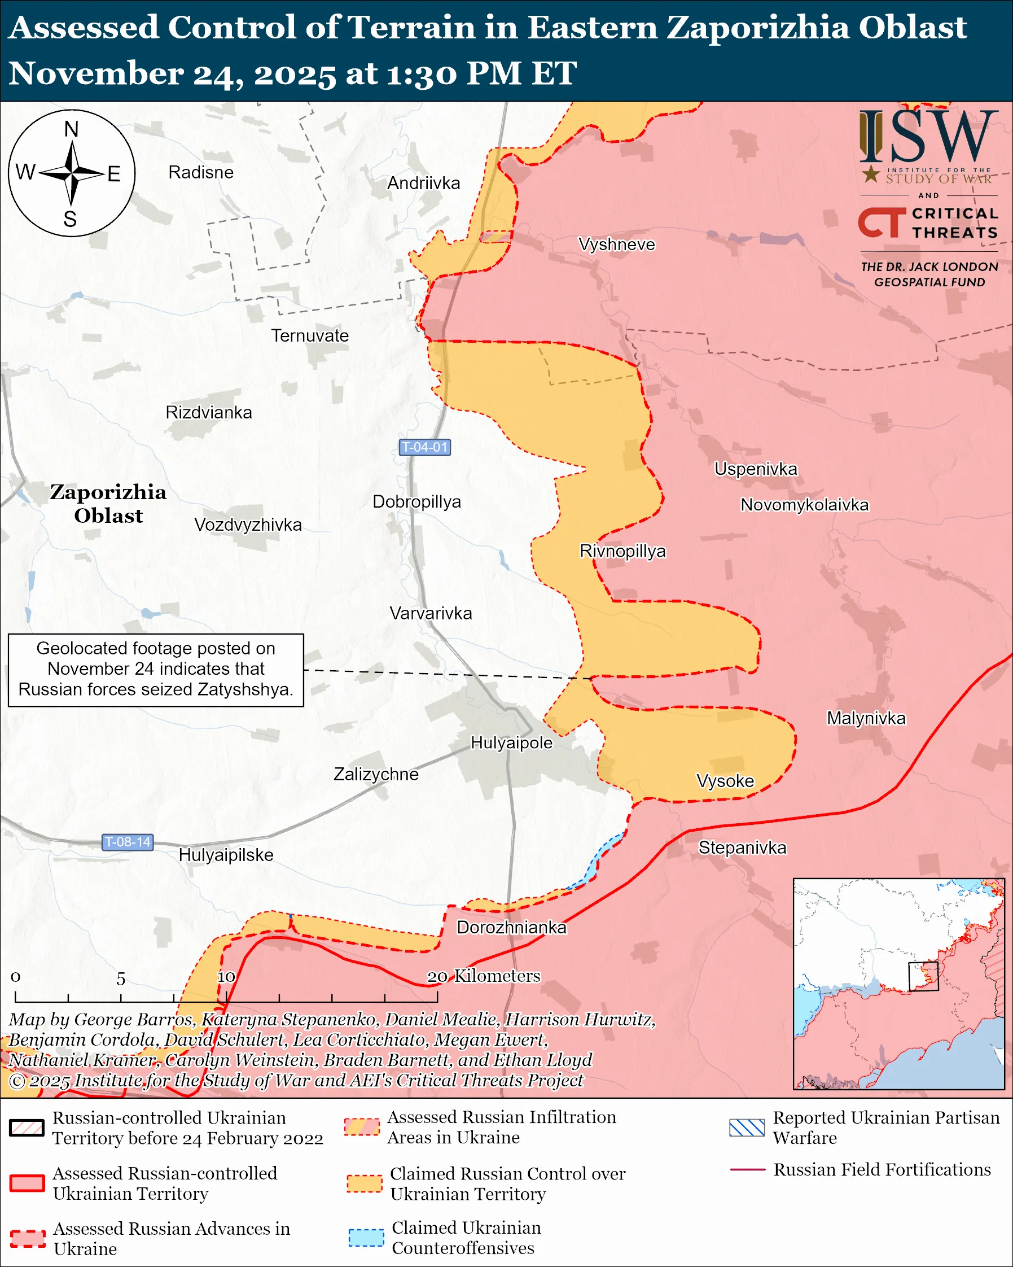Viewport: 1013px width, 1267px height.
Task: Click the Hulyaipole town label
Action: click(x=511, y=743)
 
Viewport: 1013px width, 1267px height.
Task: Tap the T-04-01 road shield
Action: click(x=424, y=447)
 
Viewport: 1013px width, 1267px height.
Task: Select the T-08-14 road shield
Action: click(x=128, y=842)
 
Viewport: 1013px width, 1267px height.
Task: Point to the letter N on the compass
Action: click(x=71, y=129)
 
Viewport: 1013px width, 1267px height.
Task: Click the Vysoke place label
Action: click(x=725, y=781)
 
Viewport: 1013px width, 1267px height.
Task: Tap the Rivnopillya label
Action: click(x=622, y=551)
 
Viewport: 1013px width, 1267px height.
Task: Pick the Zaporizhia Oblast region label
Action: click(x=108, y=504)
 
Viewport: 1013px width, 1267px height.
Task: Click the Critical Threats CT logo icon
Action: click(x=881, y=222)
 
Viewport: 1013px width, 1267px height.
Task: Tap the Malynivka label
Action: click(x=866, y=718)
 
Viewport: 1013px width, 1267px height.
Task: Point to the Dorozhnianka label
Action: click(x=511, y=927)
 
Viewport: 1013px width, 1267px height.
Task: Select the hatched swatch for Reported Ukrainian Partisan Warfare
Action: click(x=747, y=1128)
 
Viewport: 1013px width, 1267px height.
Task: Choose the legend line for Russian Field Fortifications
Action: click(x=747, y=1170)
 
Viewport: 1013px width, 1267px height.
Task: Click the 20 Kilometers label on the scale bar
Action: click(x=483, y=976)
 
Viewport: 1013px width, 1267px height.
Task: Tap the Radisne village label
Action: click(x=201, y=172)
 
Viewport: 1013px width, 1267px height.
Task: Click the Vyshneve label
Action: click(x=616, y=244)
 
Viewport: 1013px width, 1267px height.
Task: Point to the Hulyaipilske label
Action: click(x=226, y=855)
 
